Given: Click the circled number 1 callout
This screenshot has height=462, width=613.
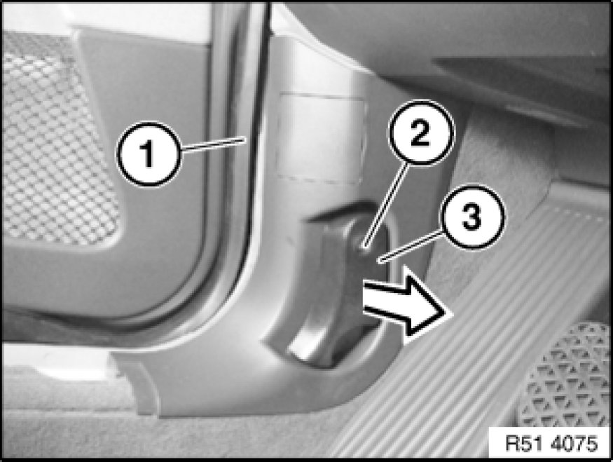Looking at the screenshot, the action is click(x=149, y=154).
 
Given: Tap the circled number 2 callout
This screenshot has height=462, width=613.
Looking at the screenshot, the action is click(x=420, y=133).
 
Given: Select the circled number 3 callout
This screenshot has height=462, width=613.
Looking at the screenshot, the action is click(x=472, y=217).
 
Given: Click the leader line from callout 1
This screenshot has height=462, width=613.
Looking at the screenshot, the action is click(x=214, y=143).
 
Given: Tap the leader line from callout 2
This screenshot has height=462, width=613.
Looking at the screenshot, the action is click(x=386, y=206).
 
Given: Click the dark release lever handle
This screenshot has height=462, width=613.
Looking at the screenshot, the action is click(x=336, y=290).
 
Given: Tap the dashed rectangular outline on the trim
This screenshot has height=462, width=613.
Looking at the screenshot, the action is click(x=321, y=137).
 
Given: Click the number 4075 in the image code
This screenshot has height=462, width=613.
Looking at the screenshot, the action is click(x=574, y=444).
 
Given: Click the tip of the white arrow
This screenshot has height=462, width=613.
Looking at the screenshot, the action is click(x=453, y=313).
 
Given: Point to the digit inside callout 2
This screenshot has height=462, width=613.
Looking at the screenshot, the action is click(x=420, y=133).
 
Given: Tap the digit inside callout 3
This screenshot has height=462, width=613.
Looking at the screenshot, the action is click(x=472, y=217).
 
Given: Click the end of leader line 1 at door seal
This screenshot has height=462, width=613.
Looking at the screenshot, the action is click(x=245, y=137).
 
